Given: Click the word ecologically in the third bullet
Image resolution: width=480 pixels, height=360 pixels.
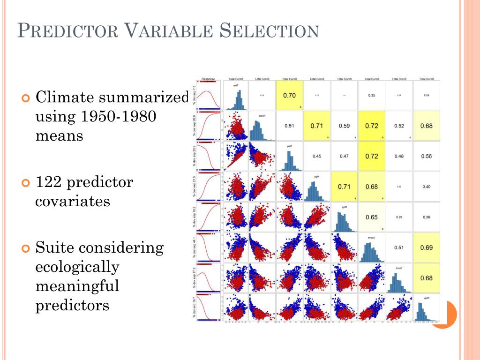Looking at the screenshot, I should pos(77,267).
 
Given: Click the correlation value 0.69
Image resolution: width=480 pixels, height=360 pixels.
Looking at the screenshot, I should pos(426,247).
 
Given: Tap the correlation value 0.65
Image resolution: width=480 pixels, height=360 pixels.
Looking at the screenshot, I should pos(371,217).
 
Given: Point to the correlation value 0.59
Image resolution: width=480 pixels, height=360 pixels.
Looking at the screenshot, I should pos(344,126).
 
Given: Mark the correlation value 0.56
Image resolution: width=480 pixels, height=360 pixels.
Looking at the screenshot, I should pos(426,156).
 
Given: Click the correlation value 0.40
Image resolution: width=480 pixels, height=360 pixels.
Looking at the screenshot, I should pos(426,187).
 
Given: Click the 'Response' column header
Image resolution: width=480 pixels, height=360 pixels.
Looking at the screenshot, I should pos(208,79).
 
